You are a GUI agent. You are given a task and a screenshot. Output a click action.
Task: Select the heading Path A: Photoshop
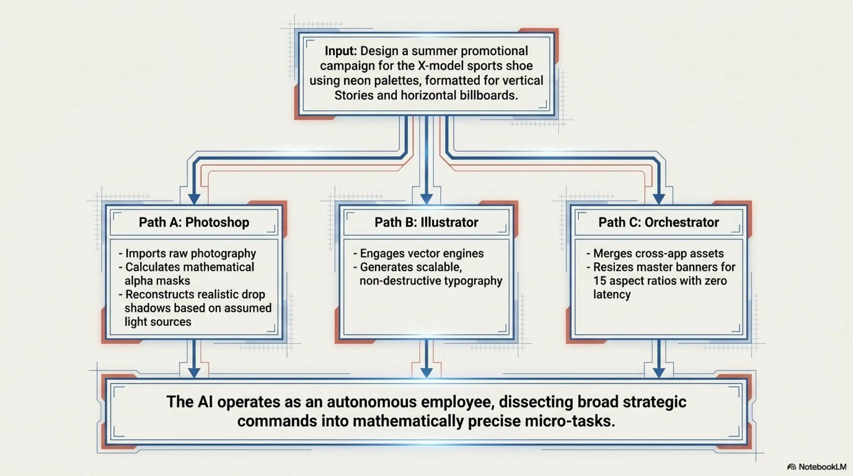194,222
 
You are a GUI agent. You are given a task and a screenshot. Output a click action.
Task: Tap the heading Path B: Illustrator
427,222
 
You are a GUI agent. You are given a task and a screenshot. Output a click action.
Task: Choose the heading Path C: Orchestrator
659,222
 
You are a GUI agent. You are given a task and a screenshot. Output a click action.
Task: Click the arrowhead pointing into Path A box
194,199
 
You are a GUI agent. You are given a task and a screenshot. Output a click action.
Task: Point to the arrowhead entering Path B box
427,199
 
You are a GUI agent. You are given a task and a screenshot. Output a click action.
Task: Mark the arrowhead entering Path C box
659,199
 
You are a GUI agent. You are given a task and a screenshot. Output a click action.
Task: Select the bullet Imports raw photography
188,253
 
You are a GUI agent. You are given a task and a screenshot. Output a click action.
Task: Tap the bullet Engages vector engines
418,253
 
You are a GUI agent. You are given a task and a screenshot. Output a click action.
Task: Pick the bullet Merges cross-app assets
655,253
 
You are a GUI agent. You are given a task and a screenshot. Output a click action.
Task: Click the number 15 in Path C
600,281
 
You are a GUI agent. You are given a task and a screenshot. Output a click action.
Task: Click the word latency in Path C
612,294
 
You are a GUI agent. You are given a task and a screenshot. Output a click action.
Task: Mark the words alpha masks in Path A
157,281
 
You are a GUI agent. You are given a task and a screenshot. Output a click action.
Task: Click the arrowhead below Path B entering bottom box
427,373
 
